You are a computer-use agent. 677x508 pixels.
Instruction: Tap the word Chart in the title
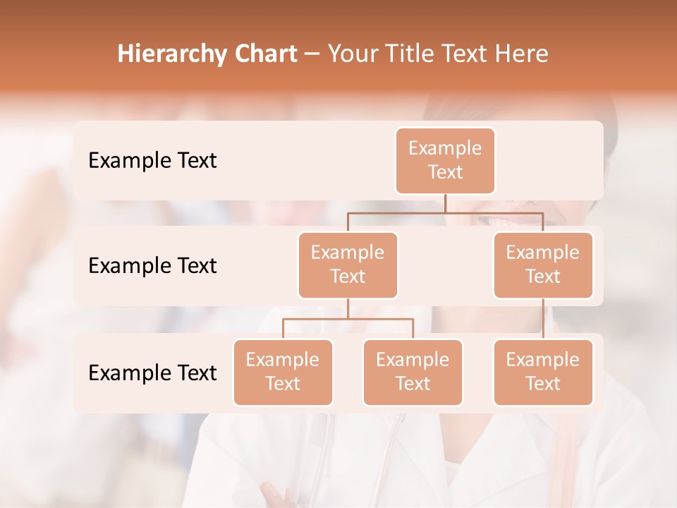264,54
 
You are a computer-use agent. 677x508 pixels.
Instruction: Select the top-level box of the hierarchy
445,160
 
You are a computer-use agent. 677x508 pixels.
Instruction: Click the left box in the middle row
348,265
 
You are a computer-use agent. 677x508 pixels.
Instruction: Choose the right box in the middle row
543,265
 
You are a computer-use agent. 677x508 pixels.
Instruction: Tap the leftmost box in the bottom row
283,372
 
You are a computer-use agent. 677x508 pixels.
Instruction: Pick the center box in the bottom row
413,372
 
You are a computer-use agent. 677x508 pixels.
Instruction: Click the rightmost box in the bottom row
543,372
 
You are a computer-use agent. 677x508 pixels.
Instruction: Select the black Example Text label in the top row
152,160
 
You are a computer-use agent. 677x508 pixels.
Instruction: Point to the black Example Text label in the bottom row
152,373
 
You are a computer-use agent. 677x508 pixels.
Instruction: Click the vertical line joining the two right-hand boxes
543,319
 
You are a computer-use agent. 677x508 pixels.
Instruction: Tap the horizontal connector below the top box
445,212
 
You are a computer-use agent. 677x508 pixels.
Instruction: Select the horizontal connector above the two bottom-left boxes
348,319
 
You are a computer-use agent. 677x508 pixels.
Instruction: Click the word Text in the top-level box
445,172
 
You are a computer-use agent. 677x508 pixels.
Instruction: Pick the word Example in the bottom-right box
543,360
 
